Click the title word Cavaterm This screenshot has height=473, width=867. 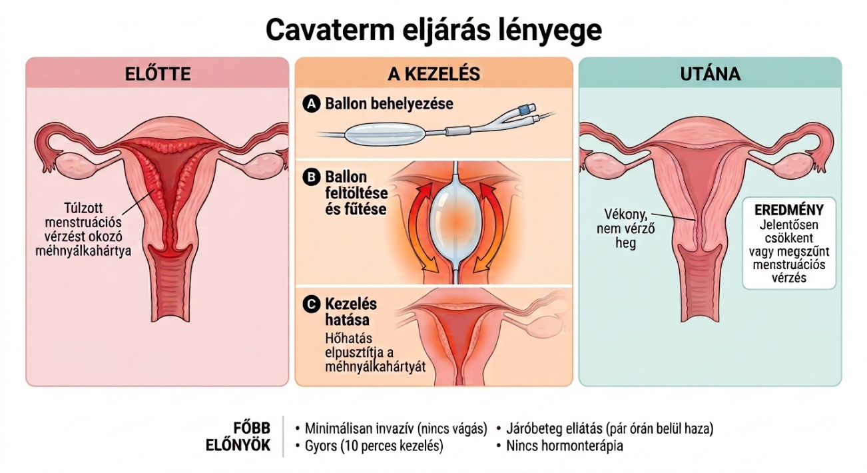(330, 31)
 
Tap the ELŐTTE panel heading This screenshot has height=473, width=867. (158, 74)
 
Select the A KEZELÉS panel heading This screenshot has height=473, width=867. (434, 74)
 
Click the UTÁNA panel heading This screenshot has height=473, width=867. (711, 74)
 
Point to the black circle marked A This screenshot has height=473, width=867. (312, 104)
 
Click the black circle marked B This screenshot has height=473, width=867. (312, 177)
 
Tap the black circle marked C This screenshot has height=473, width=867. (312, 304)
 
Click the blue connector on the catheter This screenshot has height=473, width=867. (522, 109)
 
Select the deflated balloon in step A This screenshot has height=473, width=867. (384, 134)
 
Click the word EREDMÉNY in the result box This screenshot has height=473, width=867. (789, 210)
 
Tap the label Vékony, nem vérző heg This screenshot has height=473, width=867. (625, 229)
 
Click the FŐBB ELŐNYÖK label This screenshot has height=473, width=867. (238, 436)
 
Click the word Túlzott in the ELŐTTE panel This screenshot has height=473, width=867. (84, 209)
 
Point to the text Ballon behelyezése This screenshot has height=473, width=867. (389, 104)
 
